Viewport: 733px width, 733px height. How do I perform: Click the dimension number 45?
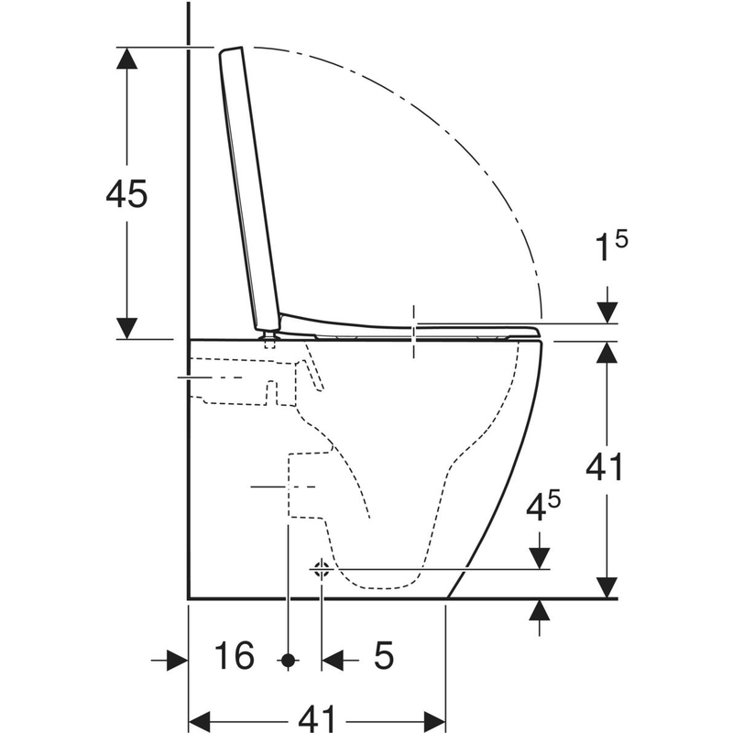[x=126, y=193]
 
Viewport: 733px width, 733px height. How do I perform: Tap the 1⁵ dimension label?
[x=611, y=246]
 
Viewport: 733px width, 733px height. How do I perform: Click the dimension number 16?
[x=235, y=655]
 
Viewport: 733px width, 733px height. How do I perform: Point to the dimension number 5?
[x=384, y=655]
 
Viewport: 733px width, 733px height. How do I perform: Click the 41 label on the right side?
[x=605, y=467]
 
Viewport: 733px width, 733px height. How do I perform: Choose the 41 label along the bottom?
[x=317, y=718]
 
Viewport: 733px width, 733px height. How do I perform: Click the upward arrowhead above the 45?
[x=126, y=58]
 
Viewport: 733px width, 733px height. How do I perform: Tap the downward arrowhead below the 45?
[x=126, y=328]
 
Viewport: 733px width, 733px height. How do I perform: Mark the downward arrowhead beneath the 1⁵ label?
[x=607, y=312]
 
